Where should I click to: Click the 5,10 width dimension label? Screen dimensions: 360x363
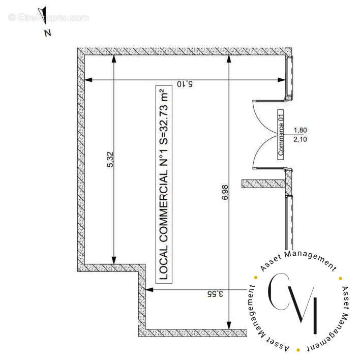click(185, 84)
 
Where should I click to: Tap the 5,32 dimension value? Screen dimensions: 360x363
click(110, 159)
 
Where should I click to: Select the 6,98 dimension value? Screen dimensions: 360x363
click(225, 192)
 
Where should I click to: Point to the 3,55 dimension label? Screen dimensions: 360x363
click(215, 294)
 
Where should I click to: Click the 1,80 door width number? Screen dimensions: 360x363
click(301, 130)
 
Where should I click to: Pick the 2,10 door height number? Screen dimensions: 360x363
click(301, 139)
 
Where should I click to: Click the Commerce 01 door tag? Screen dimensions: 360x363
click(281, 134)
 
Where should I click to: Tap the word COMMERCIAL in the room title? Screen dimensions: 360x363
click(164, 206)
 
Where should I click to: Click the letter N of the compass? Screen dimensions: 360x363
click(48, 33)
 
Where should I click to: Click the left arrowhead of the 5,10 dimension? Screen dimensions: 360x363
click(88, 80)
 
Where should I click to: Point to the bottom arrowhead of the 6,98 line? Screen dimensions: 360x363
click(229, 325)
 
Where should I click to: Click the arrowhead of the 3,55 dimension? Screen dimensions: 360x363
click(149, 290)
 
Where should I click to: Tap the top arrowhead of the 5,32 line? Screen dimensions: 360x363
click(114, 59)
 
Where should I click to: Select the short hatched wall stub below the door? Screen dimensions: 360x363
click(263, 184)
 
